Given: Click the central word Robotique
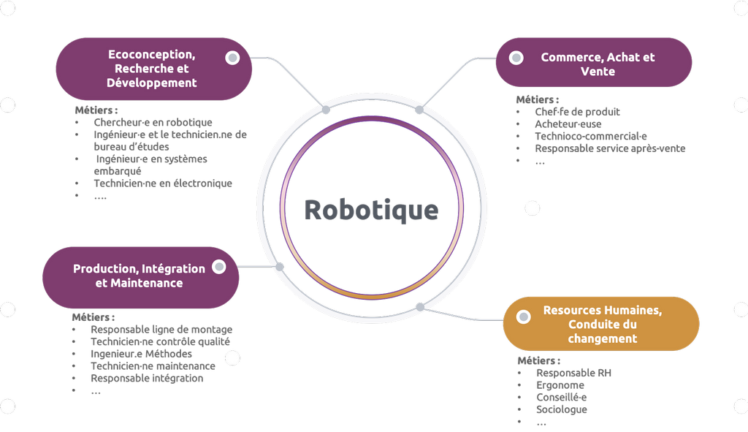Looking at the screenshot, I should click(371, 210).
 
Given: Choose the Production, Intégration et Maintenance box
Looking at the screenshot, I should click(139, 276).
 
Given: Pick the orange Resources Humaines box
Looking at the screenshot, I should click(602, 324).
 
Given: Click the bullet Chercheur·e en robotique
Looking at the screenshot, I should click(153, 123).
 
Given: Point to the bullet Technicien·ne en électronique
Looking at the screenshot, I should click(162, 183).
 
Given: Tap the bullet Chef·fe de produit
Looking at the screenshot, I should click(577, 112).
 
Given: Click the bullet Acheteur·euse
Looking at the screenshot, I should click(568, 124).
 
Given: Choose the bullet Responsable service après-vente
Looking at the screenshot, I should click(610, 148).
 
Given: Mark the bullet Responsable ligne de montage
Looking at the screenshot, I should click(161, 330).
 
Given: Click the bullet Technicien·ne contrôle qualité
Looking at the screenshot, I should click(160, 341).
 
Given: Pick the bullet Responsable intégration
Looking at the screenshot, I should click(147, 378).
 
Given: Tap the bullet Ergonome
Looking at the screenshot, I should click(560, 385).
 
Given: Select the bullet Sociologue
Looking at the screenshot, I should click(562, 409).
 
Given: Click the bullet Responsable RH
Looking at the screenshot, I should click(573, 373).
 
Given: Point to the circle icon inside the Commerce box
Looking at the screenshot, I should click(516, 58).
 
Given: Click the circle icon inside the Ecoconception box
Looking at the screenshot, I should click(232, 58).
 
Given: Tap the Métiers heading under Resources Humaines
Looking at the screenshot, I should click(539, 361).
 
